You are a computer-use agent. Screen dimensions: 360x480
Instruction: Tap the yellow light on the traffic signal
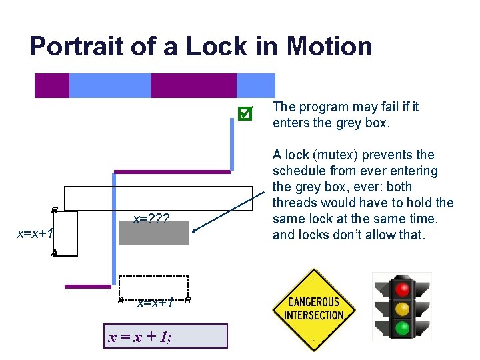[x=402, y=309]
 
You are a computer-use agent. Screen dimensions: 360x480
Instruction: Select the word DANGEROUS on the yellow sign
[x=314, y=302]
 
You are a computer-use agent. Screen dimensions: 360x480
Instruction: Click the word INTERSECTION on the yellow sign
[x=314, y=315]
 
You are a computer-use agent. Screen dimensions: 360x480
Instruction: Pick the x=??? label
[x=151, y=219]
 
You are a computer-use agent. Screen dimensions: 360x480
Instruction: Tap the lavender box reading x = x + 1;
[x=167, y=337]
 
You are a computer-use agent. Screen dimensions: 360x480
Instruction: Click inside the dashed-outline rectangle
[x=153, y=287]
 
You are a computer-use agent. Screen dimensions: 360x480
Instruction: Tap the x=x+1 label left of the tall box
[x=35, y=233]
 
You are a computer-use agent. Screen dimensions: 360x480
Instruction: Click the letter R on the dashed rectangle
[x=188, y=300]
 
